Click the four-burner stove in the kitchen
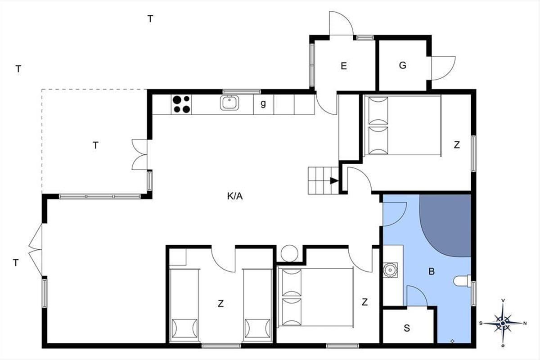tap(181, 104)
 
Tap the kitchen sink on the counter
tap(229, 103)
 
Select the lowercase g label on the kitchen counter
tap(263, 103)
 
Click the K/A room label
tap(235, 196)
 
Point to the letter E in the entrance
tap(344, 66)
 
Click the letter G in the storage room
tap(403, 65)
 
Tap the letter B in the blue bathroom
tap(432, 271)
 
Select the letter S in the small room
tap(407, 328)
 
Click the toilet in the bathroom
tap(462, 281)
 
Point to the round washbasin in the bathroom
tap(390, 270)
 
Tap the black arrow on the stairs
tap(334, 180)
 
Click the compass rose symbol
tap(503, 323)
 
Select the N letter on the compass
tap(525, 324)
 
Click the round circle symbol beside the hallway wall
tap(289, 253)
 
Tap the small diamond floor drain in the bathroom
tap(453, 341)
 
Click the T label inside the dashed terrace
tap(96, 145)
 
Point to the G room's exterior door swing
tap(443, 68)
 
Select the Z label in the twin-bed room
tap(220, 304)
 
